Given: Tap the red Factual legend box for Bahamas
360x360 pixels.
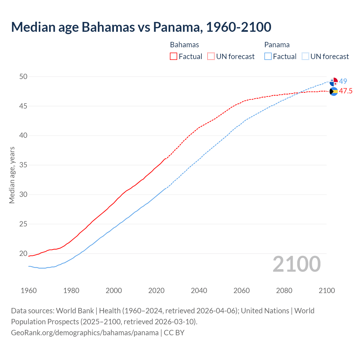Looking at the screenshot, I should (x=174, y=56).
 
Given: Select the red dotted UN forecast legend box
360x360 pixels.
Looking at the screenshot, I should (x=211, y=56).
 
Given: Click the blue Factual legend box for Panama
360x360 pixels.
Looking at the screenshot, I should (x=268, y=56).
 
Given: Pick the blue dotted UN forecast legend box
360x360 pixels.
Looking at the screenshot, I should (x=305, y=56).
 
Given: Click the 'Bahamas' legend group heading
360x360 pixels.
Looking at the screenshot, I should (x=184, y=45).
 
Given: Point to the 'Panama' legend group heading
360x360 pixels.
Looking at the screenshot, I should (x=277, y=45).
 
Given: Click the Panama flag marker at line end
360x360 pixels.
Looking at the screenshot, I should (x=334, y=82).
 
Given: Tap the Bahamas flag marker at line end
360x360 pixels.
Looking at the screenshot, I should (x=334, y=91).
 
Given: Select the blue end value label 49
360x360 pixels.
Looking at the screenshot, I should (x=343, y=81).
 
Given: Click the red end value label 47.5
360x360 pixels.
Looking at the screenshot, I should (x=345, y=91).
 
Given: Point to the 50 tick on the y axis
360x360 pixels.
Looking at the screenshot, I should (x=23, y=76).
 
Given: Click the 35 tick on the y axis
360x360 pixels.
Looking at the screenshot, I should (x=23, y=165).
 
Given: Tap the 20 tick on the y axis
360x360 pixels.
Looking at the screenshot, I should (x=23, y=253).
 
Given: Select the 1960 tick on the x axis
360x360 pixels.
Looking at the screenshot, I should (x=29, y=291).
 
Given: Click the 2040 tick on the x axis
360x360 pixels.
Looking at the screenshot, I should (x=199, y=291).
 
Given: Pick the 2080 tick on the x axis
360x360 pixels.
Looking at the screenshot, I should (x=284, y=291).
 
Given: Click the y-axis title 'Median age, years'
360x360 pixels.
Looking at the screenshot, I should (x=12, y=175).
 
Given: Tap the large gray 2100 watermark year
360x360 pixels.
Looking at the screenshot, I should (x=296, y=264).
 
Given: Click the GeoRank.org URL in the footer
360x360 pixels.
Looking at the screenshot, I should (x=85, y=332).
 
